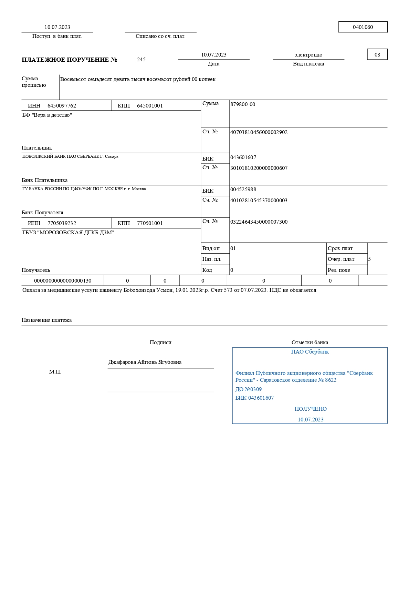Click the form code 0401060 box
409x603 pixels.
[363, 27]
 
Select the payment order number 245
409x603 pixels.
[141, 60]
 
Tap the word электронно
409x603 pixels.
[308, 55]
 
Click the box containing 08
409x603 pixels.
[377, 54]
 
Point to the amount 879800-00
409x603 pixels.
[243, 104]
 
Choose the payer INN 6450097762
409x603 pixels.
[62, 106]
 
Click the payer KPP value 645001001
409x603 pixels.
[150, 106]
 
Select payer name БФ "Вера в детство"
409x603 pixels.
[47, 115]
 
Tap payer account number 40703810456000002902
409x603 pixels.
[259, 132]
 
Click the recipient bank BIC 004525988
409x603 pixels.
[243, 190]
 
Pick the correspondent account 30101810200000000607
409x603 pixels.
[259, 168]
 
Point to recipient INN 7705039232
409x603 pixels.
[62, 223]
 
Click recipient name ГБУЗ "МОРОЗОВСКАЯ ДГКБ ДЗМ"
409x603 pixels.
[68, 233]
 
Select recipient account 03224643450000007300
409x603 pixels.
[259, 222]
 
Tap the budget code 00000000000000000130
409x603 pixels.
[63, 281]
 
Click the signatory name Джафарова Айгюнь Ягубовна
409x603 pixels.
[145, 362]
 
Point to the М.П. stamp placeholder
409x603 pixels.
[55, 372]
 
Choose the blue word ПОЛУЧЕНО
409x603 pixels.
[311, 409]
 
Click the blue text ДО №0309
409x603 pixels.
[249, 389]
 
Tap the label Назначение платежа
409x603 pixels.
[47, 320]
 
